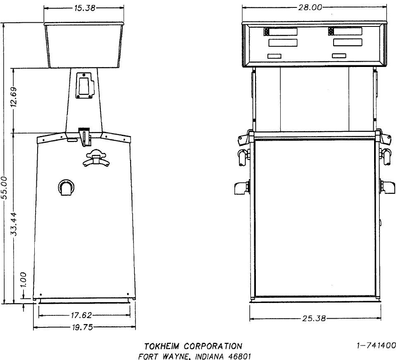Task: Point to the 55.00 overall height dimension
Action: point(5,188)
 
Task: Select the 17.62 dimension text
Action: point(82,315)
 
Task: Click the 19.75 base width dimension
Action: point(82,327)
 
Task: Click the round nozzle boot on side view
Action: point(66,188)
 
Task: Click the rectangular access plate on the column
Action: point(84,86)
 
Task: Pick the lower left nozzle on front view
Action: point(241,188)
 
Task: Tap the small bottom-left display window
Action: point(274,56)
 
